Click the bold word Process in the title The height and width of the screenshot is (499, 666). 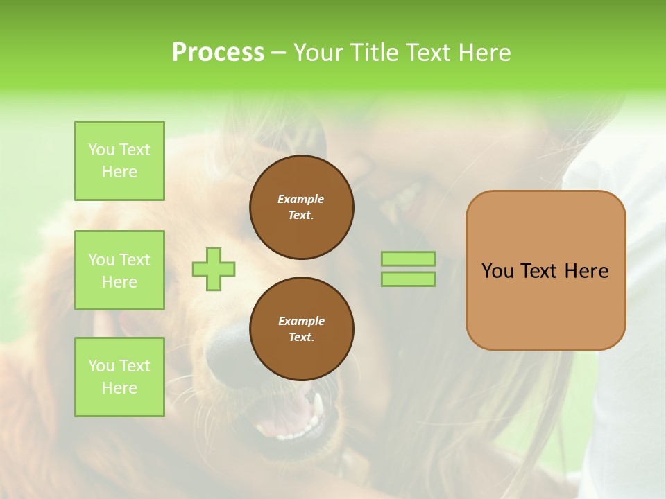click(218, 53)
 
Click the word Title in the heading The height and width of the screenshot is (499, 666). click(375, 53)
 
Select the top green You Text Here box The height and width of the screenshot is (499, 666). click(119, 161)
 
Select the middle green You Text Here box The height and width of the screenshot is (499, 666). click(119, 270)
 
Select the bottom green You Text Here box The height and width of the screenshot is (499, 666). click(119, 377)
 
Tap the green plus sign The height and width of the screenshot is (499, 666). click(214, 269)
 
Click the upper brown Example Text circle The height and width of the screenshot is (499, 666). click(301, 207)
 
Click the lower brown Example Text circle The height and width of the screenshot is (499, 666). click(301, 329)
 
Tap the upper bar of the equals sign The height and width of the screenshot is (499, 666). click(408, 259)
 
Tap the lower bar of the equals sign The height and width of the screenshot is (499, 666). click(408, 279)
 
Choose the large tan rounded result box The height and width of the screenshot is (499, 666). click(545, 270)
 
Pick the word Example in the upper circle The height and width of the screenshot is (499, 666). click(301, 199)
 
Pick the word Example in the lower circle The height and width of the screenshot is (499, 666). click(301, 321)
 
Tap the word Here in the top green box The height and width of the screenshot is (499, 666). click(119, 172)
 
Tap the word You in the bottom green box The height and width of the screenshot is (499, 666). click(101, 366)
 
